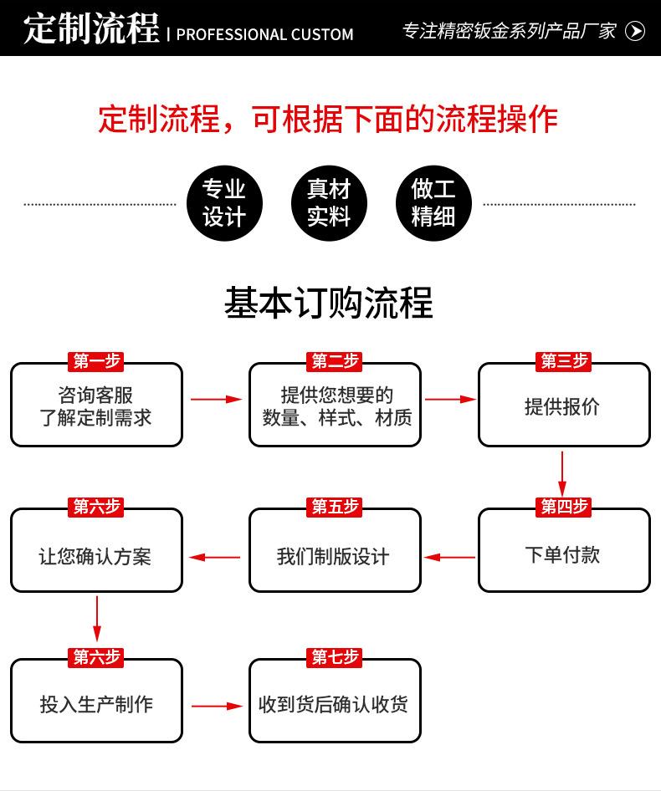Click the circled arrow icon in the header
click(635, 31)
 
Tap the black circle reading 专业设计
click(224, 203)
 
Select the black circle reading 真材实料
click(329, 203)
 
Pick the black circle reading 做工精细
click(433, 203)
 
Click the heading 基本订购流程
click(329, 303)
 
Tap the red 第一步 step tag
click(96, 361)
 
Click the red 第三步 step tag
click(564, 361)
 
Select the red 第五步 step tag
click(335, 507)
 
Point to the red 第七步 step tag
click(335, 657)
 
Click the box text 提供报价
click(562, 406)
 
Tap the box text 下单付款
click(562, 555)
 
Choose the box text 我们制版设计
click(333, 557)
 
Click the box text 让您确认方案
click(95, 557)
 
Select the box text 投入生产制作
click(96, 704)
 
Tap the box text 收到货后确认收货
click(333, 704)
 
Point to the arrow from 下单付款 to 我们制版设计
click(449, 558)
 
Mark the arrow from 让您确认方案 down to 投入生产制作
click(96, 619)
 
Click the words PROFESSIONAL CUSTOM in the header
click(264, 34)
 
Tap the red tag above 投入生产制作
click(96, 657)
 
